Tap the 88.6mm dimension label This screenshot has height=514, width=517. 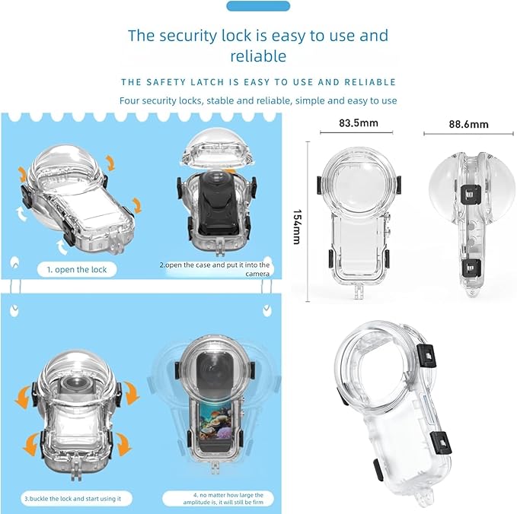[469, 124]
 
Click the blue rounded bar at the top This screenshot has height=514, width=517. [258, 6]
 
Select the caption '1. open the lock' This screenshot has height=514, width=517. [78, 270]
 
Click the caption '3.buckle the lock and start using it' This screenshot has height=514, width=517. [77, 498]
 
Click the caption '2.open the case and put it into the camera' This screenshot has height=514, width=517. [215, 269]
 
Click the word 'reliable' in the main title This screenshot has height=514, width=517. [258, 56]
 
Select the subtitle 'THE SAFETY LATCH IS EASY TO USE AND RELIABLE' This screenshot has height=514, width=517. [258, 82]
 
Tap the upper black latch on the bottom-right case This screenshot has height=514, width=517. [427, 353]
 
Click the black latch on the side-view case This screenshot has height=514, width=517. [471, 267]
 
